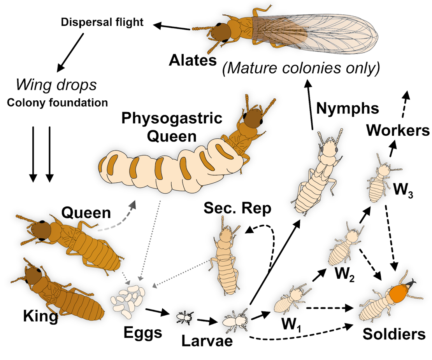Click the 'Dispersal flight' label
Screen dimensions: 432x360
[x=102, y=22]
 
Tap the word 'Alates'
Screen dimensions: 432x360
[x=193, y=60]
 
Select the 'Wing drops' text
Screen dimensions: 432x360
[x=56, y=85]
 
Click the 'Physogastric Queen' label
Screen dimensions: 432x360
[x=172, y=127]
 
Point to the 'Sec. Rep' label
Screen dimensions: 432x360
[x=237, y=208]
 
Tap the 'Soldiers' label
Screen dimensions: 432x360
[x=394, y=334]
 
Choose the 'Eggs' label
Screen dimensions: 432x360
[x=143, y=333]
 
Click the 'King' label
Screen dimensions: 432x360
[x=40, y=316]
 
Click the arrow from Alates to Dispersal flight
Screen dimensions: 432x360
[x=171, y=27]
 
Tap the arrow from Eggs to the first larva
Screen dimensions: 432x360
[x=157, y=313]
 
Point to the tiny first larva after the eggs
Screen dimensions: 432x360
[x=184, y=318]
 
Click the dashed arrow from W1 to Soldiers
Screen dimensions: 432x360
[x=330, y=308]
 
